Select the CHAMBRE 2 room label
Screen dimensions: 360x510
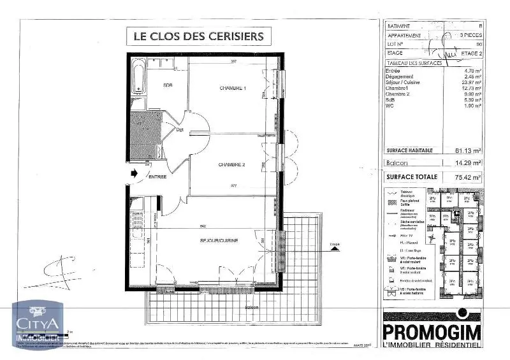click(232, 165)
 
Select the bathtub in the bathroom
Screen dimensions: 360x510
click(138, 82)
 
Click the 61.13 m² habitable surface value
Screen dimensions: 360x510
click(468, 150)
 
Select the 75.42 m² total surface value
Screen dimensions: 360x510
click(468, 176)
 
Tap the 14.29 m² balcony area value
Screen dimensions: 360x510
click(469, 163)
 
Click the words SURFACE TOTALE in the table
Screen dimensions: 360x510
click(412, 176)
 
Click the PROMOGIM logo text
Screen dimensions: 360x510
click(432, 331)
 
